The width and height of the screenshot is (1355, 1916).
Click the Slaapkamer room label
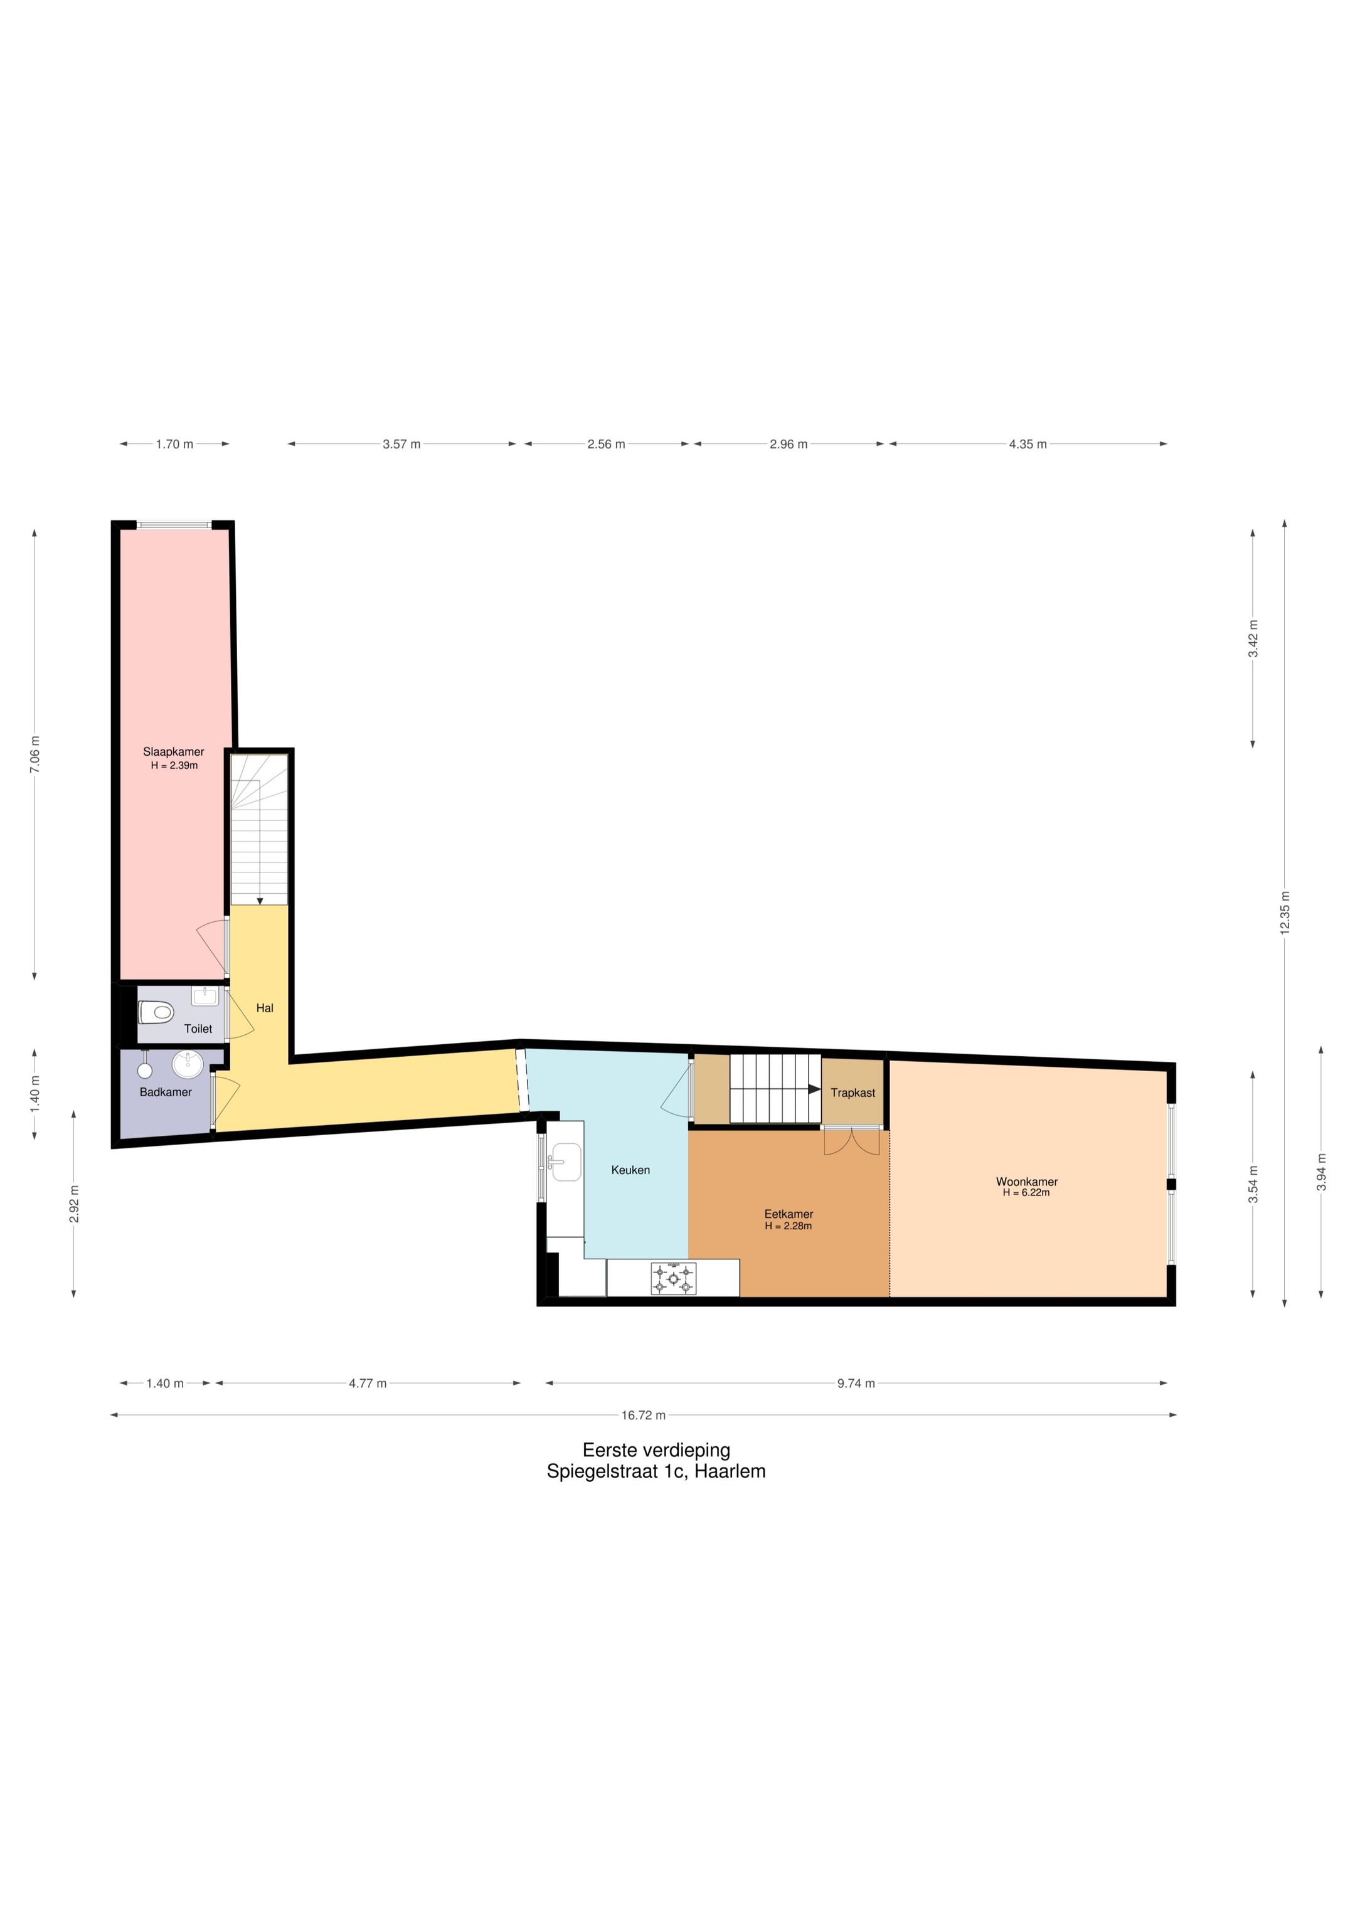point(174,752)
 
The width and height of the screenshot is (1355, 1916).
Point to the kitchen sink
point(565,1162)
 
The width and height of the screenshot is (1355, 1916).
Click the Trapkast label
point(853,1093)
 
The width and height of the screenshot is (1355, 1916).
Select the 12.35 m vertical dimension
point(1285,913)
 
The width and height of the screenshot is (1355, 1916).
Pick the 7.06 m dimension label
point(35,754)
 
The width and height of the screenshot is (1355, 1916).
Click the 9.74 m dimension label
point(856,1383)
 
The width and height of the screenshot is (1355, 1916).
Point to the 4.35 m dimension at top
point(1028,444)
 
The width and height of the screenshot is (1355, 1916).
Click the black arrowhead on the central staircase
point(815,1089)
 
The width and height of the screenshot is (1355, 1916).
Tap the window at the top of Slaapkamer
point(174,525)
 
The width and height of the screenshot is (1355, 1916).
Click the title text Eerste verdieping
point(656,1451)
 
